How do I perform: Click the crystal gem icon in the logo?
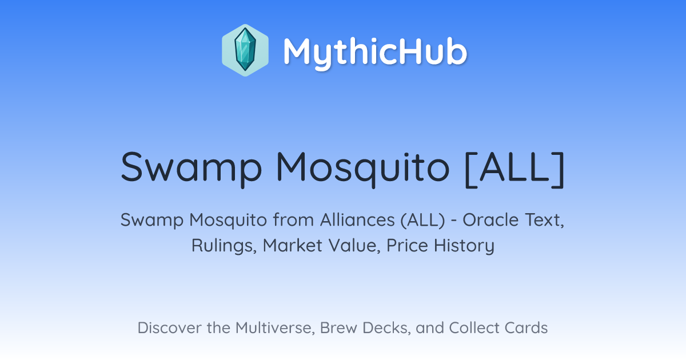pos(245,50)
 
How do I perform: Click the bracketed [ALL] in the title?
pos(514,169)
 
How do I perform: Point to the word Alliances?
pos(357,220)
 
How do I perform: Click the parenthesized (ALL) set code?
pos(422,221)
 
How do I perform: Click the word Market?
pos(293,245)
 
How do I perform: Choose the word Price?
pos(407,245)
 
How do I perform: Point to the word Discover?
pos(169,327)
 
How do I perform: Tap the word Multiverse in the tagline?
pos(275,328)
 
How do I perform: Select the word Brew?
pos(338,327)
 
